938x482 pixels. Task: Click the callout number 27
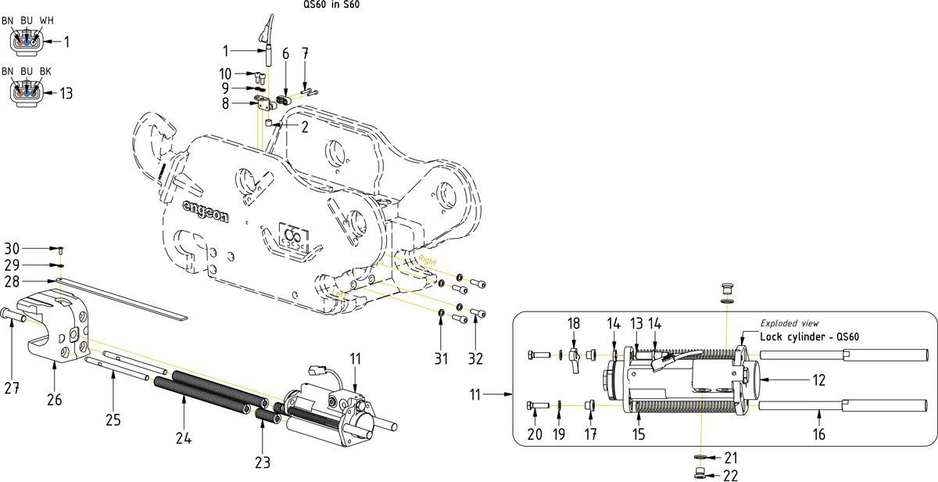click(12, 388)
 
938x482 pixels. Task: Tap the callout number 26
click(55, 400)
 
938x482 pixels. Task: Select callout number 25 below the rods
click(113, 420)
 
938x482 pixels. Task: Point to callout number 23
click(263, 462)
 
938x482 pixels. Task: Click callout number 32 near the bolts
click(476, 359)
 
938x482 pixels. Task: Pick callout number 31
click(441, 359)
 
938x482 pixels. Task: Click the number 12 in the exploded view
click(819, 380)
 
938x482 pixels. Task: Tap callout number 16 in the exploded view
click(819, 434)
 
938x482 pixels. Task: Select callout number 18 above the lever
click(574, 324)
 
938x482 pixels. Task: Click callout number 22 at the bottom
click(731, 476)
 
